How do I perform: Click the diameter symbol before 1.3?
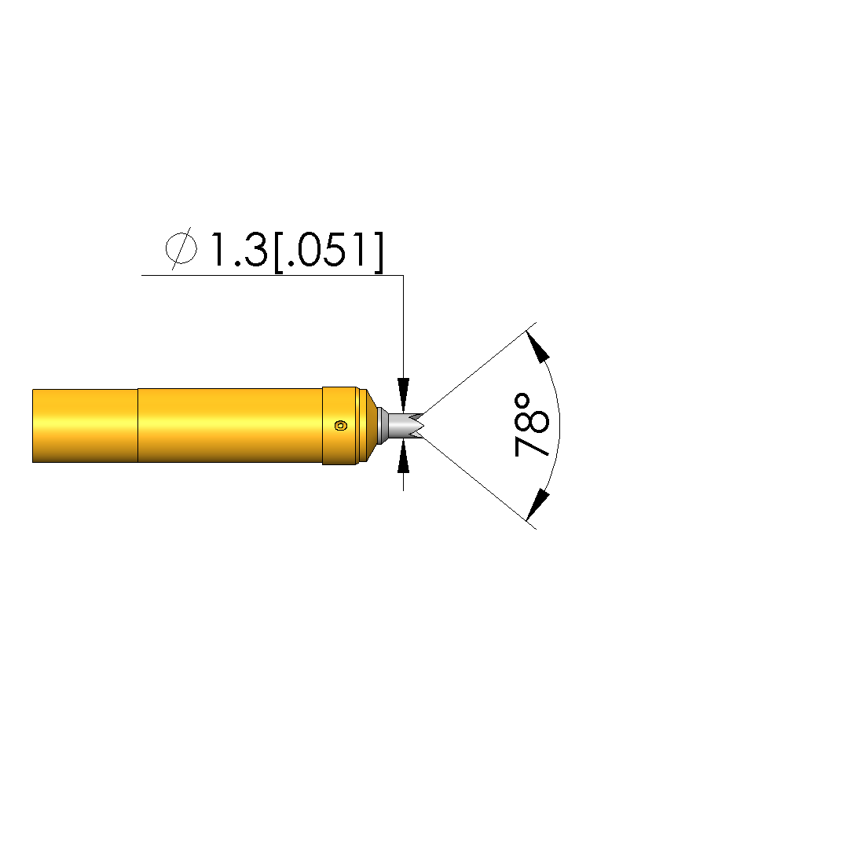[x=181, y=248]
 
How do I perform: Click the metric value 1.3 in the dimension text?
[x=240, y=250]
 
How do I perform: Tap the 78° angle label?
[x=532, y=425]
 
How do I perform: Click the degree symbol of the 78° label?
[x=522, y=402]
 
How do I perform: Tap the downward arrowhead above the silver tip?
[x=403, y=394]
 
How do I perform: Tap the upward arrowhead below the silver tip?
[x=403, y=457]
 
